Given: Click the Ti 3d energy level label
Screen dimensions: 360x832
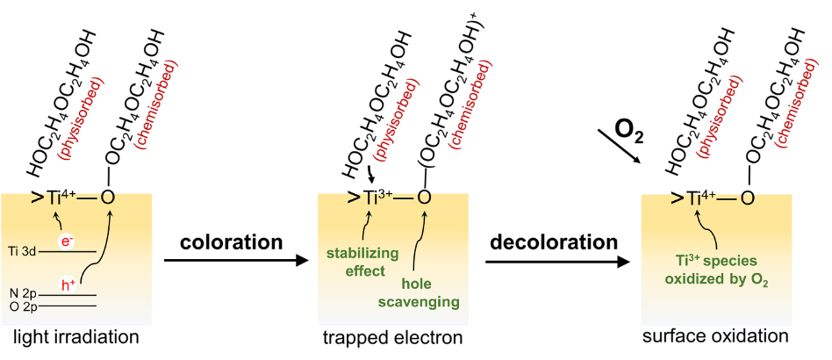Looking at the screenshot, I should tap(21, 251).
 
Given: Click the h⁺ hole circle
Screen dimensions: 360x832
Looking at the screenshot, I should tap(68, 284).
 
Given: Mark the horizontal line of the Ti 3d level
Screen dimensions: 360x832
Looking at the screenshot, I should tap(67, 252).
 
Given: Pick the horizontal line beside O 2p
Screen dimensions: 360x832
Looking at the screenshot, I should tap(67, 306).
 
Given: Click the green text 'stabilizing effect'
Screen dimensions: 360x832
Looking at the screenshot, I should tap(362, 262).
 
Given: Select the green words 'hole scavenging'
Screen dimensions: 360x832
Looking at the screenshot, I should tap(419, 293).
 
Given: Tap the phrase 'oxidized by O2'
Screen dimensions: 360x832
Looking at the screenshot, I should tap(718, 279).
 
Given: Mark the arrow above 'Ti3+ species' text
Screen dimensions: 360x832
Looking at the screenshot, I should tap(714, 230).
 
